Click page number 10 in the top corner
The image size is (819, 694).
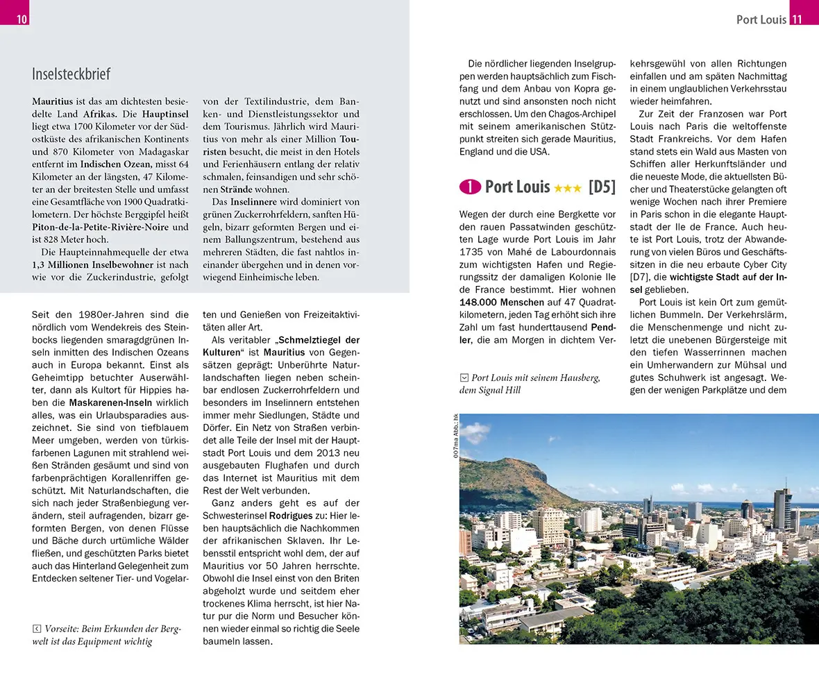pyautogui.click(x=22, y=19)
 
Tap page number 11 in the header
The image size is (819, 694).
pyautogui.click(x=797, y=19)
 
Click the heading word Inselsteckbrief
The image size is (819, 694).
pyautogui.click(x=71, y=74)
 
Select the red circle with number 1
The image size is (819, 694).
pyautogui.click(x=470, y=187)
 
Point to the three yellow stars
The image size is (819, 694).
pyautogui.click(x=568, y=188)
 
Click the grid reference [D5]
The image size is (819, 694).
pyautogui.click(x=602, y=187)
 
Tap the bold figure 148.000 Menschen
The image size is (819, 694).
pyautogui.click(x=502, y=303)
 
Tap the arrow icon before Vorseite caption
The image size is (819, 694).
pyautogui.click(x=37, y=629)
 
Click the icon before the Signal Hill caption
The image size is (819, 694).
pyautogui.click(x=464, y=378)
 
